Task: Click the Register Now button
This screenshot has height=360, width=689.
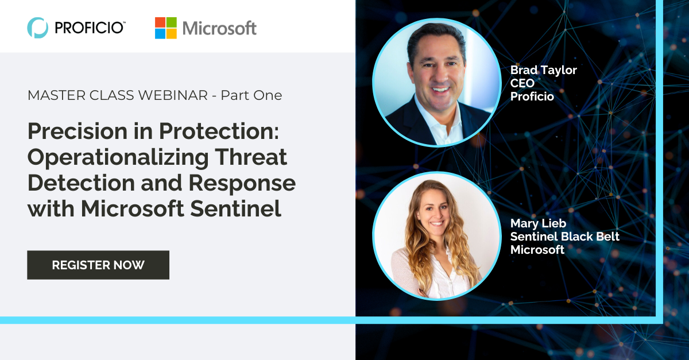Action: click(x=98, y=265)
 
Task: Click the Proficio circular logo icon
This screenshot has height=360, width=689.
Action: click(x=37, y=27)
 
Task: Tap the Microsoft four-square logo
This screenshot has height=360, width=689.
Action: click(x=165, y=28)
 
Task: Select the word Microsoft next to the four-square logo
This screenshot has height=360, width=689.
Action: click(x=219, y=28)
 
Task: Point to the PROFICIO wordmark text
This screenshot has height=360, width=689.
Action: click(x=90, y=27)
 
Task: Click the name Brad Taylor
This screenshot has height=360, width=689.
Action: click(x=543, y=70)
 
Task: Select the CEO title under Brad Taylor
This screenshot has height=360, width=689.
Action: click(x=522, y=83)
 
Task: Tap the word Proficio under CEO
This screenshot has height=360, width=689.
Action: click(x=532, y=96)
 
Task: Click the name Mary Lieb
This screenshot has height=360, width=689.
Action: click(x=539, y=223)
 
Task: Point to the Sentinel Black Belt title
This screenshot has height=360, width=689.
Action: click(x=565, y=237)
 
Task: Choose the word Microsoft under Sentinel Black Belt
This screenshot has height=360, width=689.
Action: click(x=537, y=250)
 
